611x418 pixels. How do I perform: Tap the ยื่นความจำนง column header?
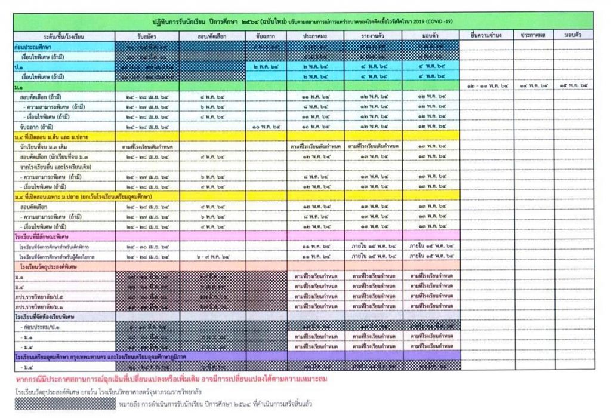(486, 35)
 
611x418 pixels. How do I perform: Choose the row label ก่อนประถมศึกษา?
(35, 46)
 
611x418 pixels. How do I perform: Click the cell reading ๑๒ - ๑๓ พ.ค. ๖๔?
(486, 87)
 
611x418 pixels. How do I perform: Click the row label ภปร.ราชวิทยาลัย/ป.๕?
(42, 296)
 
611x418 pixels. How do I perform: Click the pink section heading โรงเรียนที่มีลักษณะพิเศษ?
(48, 236)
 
